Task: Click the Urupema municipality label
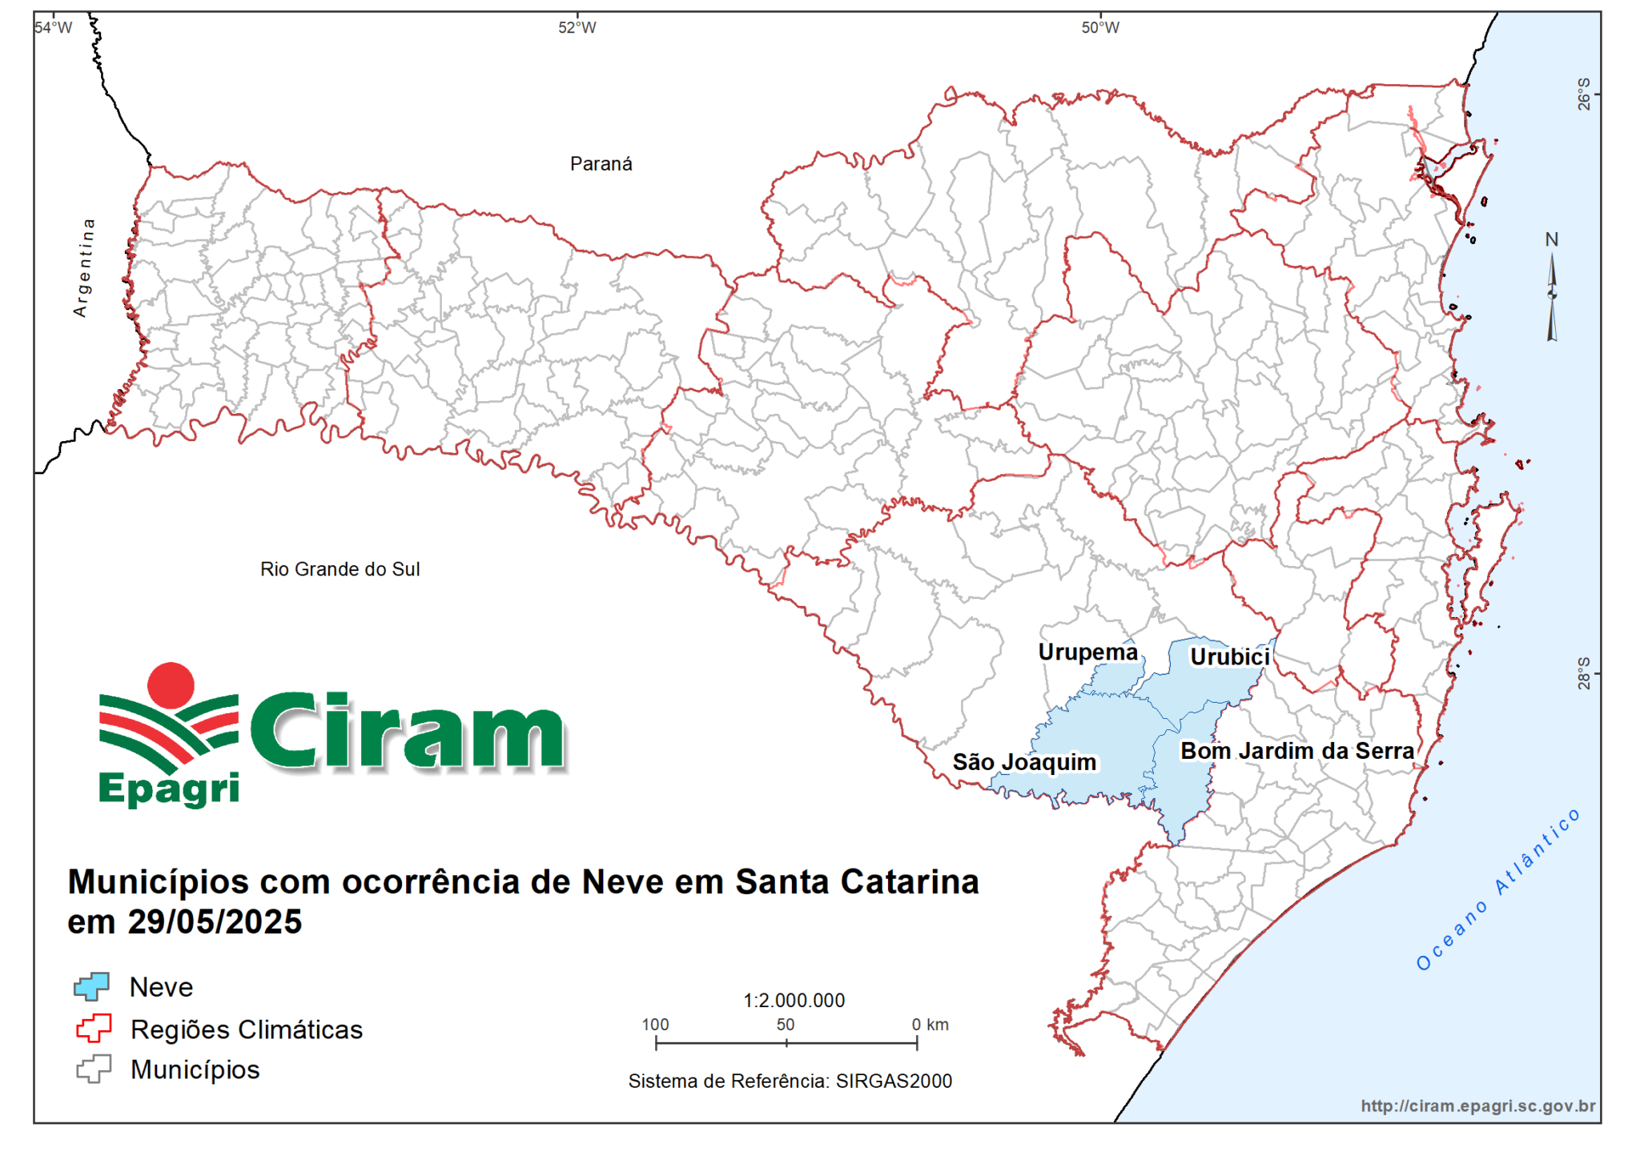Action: (x=1087, y=652)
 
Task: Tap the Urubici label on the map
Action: (x=1229, y=657)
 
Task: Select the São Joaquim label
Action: (x=1024, y=762)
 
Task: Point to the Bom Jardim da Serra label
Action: (x=1297, y=751)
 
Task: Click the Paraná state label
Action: (x=601, y=164)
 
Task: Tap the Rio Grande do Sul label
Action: (x=340, y=569)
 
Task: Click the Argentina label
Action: (x=83, y=267)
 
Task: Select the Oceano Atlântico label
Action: (x=1497, y=889)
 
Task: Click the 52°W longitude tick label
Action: (x=577, y=28)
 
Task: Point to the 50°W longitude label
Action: (x=1100, y=28)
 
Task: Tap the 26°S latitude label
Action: (x=1584, y=94)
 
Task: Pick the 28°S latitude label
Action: (x=1584, y=673)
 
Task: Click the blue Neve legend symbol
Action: (x=92, y=986)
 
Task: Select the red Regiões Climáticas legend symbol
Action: (x=94, y=1028)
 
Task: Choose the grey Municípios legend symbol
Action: (x=94, y=1070)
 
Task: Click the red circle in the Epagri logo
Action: (x=171, y=685)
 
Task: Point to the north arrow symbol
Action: (x=1552, y=296)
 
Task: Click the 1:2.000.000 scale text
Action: (x=794, y=1001)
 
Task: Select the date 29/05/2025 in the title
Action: (x=215, y=922)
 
